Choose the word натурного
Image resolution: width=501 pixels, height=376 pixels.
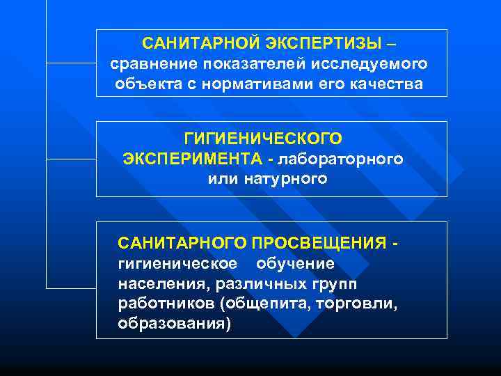[285, 179]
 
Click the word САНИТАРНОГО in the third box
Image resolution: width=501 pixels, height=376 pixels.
[182, 243]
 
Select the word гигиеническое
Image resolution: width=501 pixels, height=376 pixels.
[177, 264]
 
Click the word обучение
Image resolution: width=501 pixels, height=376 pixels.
[295, 264]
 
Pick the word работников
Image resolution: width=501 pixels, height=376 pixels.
[166, 304]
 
